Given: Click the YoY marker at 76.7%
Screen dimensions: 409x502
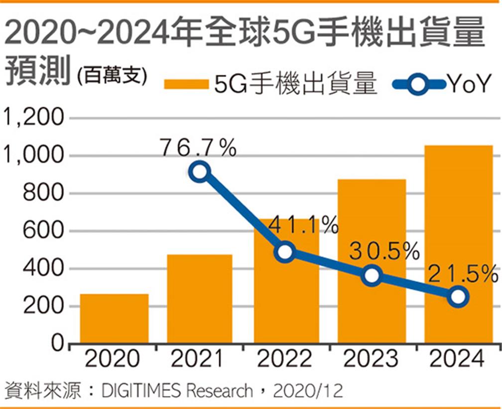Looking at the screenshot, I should click(x=199, y=172).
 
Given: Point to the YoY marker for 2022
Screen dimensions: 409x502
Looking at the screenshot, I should click(x=285, y=252).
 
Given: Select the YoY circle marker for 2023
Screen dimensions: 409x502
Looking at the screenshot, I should click(x=372, y=275).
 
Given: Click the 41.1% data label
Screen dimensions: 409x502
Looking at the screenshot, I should click(x=303, y=227).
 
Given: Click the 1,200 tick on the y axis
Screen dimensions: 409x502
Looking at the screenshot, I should click(x=34, y=118).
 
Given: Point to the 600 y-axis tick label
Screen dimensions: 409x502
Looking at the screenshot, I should click(x=44, y=231).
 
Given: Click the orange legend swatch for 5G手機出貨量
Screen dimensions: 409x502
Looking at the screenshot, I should click(x=186, y=84).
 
